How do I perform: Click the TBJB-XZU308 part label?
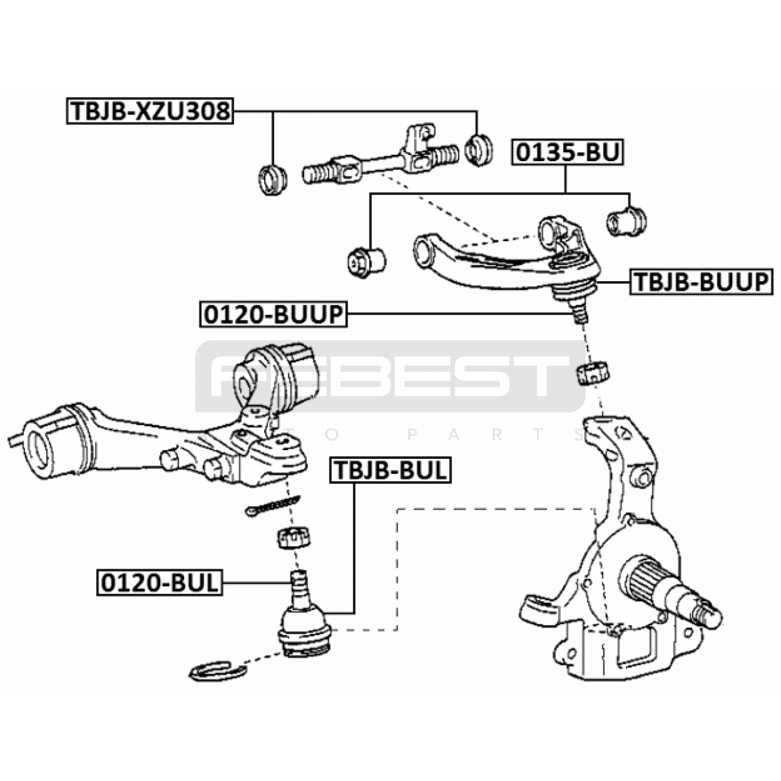150,111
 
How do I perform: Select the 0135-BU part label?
568,152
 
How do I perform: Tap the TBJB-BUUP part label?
701,282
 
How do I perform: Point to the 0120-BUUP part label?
273,314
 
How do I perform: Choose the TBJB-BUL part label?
390,470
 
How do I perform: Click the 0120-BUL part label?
160,582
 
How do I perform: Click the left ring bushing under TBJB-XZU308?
272,180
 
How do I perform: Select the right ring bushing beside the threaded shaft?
479,149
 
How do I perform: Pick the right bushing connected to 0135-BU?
626,221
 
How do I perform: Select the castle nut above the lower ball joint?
293,537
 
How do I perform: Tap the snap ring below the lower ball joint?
217,672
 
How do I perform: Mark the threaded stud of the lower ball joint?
299,583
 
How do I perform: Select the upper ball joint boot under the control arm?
574,291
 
